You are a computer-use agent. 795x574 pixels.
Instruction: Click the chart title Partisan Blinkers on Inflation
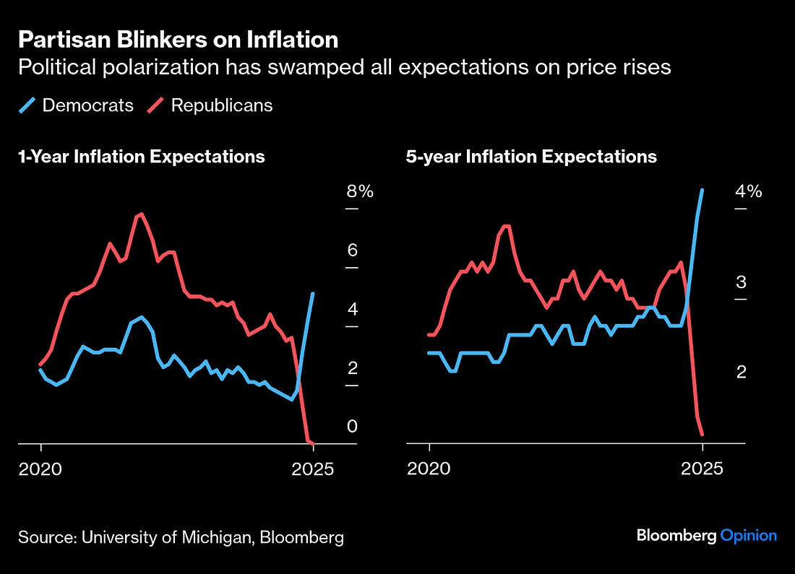click(x=178, y=39)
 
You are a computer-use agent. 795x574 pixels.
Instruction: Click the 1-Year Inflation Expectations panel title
click(x=142, y=157)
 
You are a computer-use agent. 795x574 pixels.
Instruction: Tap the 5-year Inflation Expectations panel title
click(x=531, y=157)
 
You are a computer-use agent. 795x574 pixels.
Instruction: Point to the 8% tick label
click(x=359, y=192)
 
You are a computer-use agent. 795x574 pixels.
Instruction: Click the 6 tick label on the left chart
click(x=353, y=251)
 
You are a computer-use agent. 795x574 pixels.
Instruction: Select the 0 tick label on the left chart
click(x=353, y=427)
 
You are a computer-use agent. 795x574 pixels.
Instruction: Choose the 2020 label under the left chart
click(x=41, y=469)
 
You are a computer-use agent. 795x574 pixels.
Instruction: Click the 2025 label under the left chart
click(x=313, y=469)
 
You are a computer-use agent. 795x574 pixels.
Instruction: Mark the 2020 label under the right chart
click(x=429, y=469)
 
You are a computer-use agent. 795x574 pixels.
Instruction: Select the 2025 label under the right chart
click(x=702, y=469)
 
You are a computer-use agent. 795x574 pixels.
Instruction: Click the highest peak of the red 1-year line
click(x=141, y=214)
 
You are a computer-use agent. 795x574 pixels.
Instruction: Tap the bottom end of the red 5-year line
click(x=702, y=434)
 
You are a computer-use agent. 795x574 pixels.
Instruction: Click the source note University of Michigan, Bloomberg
click(x=181, y=538)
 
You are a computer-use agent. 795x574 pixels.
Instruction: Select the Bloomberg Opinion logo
click(x=706, y=536)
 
